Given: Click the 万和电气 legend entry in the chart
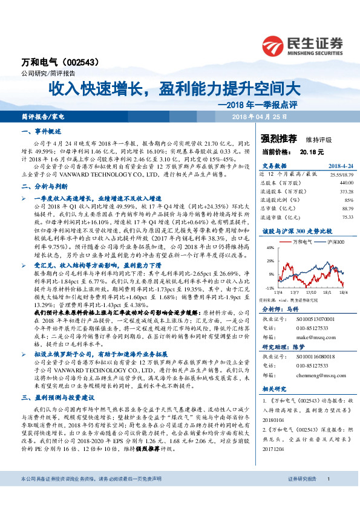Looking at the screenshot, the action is [301, 241].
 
